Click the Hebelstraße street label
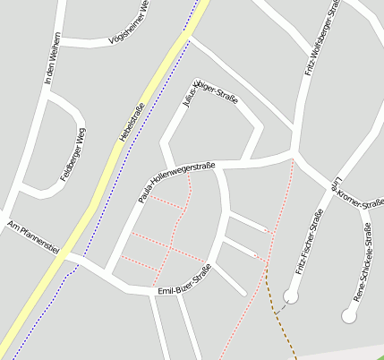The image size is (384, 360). click(131, 123)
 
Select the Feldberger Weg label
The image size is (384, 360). click(73, 156)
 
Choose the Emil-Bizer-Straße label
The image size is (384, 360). click(183, 280)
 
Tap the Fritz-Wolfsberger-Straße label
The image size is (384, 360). click(323, 40)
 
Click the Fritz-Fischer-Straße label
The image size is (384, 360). click(309, 241)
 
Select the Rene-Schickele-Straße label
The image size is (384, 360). click(363, 261)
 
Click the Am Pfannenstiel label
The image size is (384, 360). click(31, 237)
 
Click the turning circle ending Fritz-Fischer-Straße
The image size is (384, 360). click(290, 295)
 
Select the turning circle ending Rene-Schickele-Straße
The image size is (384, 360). click(348, 315)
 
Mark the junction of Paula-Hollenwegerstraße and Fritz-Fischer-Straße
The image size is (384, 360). click(294, 157)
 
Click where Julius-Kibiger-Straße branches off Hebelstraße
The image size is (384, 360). click(189, 37)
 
